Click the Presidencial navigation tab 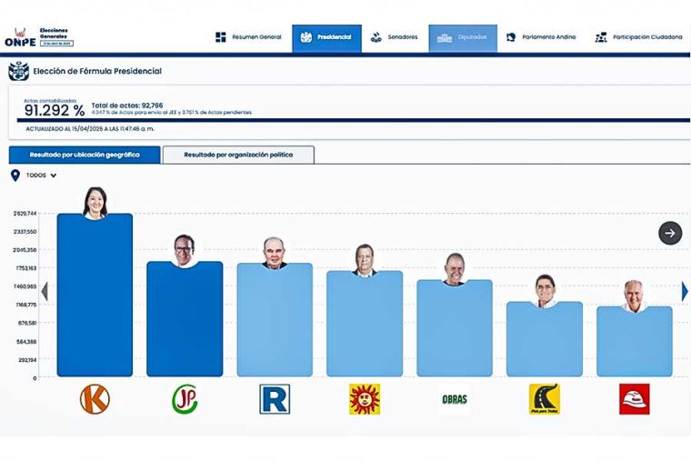point(326,37)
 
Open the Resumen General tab point(246,37)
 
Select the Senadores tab point(395,37)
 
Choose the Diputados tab point(463,37)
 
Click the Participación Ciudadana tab point(638,37)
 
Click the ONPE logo point(19,37)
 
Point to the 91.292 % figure point(55,110)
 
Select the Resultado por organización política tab point(238,155)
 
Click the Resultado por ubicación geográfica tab point(85,155)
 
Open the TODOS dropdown point(41,175)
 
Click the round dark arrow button point(670,233)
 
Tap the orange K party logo point(95,399)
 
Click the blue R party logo point(274,399)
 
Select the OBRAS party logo point(455,399)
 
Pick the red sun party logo point(365,399)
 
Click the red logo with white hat point(634,399)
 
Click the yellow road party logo point(544,399)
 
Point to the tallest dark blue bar point(95,296)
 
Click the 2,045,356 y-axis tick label point(25,250)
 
